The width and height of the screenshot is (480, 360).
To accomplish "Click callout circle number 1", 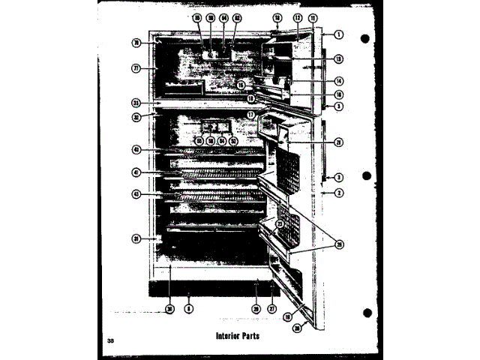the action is pos(339,34).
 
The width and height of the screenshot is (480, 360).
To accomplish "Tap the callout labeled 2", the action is pos(339,193).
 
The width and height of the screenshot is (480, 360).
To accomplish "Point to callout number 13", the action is pos(339,58).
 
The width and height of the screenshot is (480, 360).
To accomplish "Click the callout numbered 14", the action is pos(339,80).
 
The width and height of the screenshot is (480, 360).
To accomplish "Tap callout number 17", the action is pos(252,115).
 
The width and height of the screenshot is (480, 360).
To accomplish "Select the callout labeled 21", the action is pos(339,142).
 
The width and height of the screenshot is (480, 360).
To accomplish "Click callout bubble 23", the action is pos(279,223).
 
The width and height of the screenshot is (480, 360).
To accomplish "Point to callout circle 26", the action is pos(339,244).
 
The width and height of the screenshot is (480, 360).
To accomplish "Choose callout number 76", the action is pos(137,43).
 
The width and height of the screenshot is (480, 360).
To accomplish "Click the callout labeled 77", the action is pos(137,68).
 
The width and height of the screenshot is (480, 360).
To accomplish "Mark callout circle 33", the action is pos(137,103).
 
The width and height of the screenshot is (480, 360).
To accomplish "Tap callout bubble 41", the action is pos(137,172).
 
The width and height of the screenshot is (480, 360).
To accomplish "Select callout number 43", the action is pos(137,195).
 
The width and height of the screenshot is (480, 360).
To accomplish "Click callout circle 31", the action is pos(137,238).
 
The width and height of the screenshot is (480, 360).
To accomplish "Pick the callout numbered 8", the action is pos(189,308).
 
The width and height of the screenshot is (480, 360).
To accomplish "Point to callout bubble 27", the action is pos(271,308).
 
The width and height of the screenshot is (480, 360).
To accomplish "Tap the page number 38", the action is pos(111,342).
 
